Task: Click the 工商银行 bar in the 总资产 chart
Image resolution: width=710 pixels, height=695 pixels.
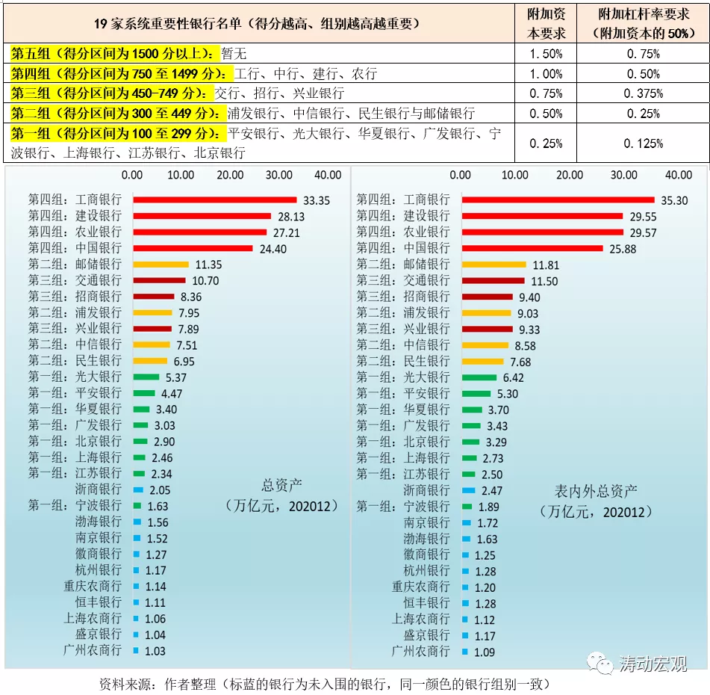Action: pos(215,200)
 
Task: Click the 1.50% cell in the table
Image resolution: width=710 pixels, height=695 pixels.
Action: pos(545,54)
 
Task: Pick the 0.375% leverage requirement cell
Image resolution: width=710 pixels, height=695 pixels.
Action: pos(643,93)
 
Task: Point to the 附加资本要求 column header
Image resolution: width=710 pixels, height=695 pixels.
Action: pos(546,24)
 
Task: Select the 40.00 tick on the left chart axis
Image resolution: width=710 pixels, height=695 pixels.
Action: pos(328,175)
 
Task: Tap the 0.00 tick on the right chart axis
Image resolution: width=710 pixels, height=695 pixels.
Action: pos(461,175)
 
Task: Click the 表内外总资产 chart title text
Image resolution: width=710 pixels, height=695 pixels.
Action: pos(595,491)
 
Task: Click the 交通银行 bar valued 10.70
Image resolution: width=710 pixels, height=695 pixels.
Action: pos(159,280)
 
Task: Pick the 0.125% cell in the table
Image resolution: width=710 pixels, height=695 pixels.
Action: pos(643,143)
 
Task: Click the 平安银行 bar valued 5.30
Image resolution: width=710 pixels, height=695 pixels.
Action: pos(476,394)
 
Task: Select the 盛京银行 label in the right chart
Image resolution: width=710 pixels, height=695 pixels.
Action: pos(427,635)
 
